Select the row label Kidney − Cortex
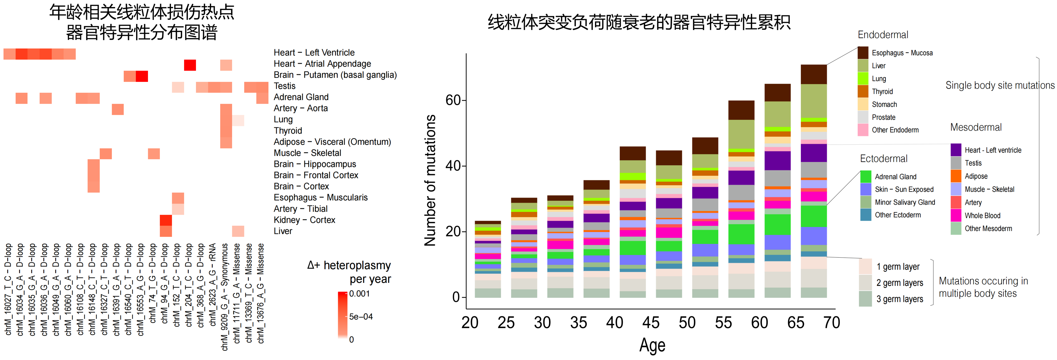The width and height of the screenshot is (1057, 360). pyautogui.click(x=304, y=220)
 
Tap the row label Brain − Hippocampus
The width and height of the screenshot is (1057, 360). pyautogui.click(x=315, y=164)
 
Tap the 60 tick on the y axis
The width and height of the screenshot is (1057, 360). pyautogui.click(x=453, y=100)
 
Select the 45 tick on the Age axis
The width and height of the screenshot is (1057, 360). pyautogui.click(x=651, y=323)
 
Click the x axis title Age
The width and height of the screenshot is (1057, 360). pyautogui.click(x=652, y=345)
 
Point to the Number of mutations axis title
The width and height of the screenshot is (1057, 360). pyautogui.click(x=430, y=180)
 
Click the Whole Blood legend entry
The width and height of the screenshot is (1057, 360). pyautogui.click(x=982, y=215)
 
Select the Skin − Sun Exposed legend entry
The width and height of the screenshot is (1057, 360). pyautogui.click(x=904, y=189)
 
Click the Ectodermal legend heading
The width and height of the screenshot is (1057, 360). pyautogui.click(x=883, y=159)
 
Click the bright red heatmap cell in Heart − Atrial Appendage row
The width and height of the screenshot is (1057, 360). pyautogui.click(x=190, y=65)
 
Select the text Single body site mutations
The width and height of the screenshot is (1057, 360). pyautogui.click(x=1000, y=85)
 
